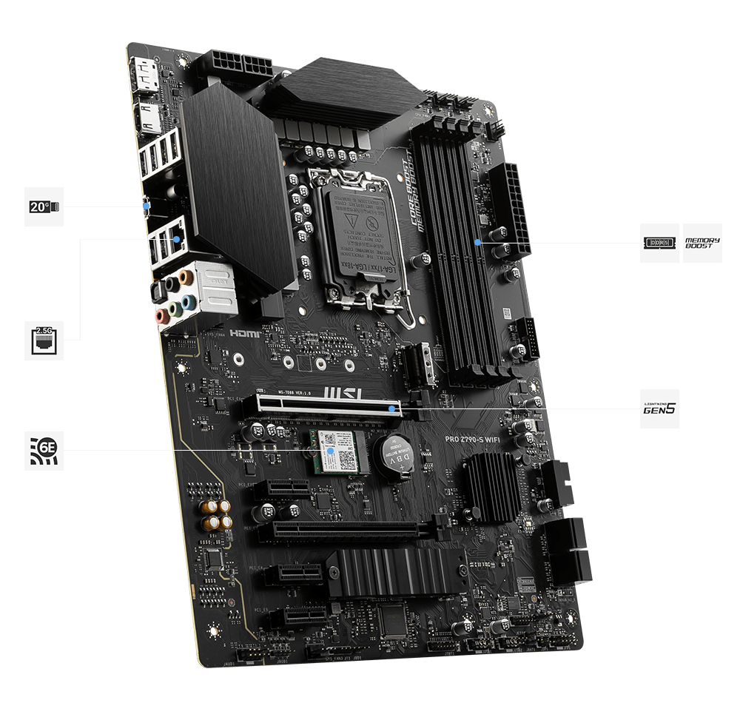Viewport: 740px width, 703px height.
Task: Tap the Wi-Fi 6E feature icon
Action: [x=44, y=450]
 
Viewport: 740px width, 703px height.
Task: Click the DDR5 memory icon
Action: [x=660, y=243]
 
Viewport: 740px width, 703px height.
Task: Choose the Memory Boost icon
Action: [x=702, y=243]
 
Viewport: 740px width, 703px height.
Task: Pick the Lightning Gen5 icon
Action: [x=659, y=408]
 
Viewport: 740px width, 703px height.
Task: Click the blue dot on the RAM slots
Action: [x=479, y=242]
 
